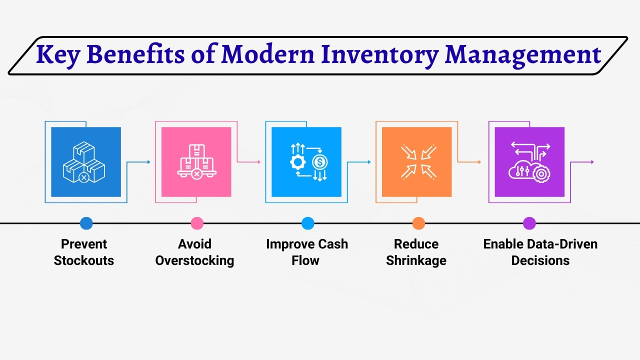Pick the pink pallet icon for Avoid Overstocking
(196, 162)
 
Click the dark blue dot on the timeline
(86, 223)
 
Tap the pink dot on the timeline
(197, 223)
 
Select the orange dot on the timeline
(418, 223)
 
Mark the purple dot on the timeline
(529, 223)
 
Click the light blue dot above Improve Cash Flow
(308, 223)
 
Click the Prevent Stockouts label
(84, 252)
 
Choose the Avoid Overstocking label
(194, 252)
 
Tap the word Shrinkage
(416, 260)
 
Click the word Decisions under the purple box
(540, 260)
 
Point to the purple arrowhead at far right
(592, 162)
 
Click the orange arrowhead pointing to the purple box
(479, 162)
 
